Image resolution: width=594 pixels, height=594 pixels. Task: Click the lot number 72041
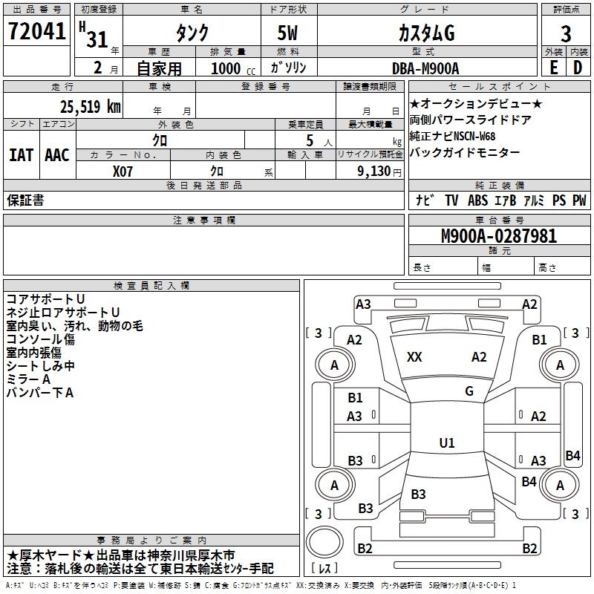(36, 31)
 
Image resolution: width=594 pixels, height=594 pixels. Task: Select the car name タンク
(191, 33)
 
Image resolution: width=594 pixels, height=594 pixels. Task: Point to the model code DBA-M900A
(425, 68)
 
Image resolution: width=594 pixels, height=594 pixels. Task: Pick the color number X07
(123, 170)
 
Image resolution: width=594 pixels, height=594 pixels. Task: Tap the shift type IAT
(20, 155)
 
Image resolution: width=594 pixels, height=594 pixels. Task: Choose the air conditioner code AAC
(57, 155)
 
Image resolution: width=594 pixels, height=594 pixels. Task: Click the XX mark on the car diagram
(414, 357)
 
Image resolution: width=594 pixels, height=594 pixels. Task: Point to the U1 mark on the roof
(446, 443)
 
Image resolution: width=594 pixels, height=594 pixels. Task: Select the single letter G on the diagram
(469, 391)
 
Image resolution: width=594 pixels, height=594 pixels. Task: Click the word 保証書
(25, 200)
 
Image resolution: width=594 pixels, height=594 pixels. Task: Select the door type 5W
(289, 33)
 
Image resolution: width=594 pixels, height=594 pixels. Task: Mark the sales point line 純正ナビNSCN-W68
(452, 137)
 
